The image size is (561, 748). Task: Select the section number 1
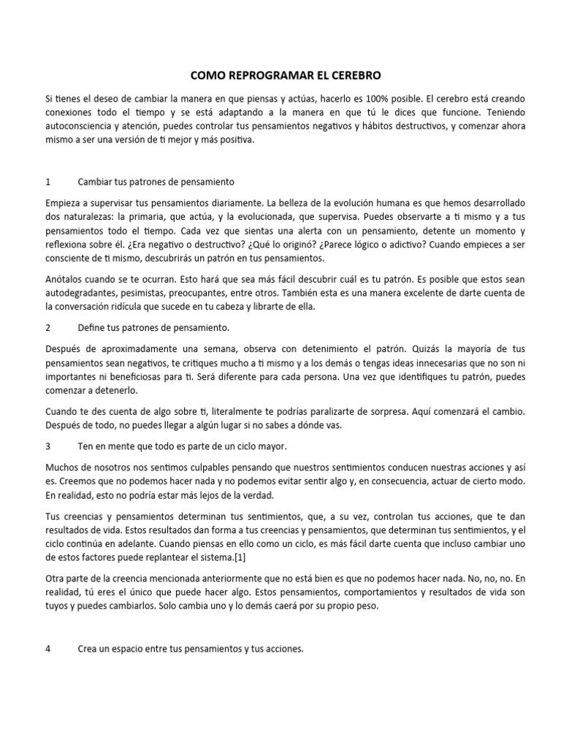tap(47, 181)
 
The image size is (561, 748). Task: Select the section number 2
tap(47, 329)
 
